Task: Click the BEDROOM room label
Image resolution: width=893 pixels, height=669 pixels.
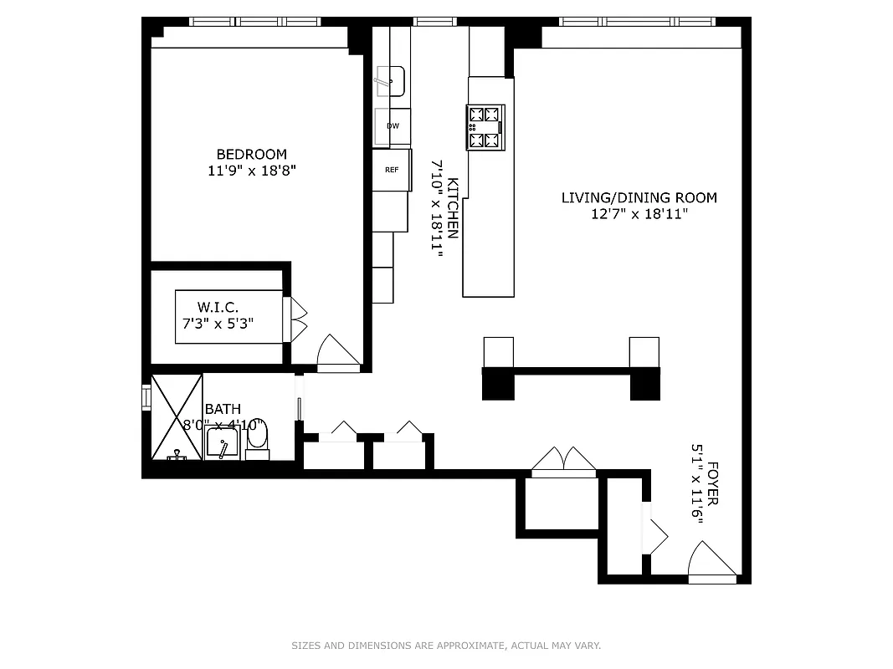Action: pyautogui.click(x=251, y=154)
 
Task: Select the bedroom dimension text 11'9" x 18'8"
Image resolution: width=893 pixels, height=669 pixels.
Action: pyautogui.click(x=252, y=171)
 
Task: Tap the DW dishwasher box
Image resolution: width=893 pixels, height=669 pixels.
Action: pyautogui.click(x=393, y=126)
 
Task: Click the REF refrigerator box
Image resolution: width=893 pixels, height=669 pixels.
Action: pyautogui.click(x=392, y=170)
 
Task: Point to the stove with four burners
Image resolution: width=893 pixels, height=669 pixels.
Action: pyautogui.click(x=485, y=127)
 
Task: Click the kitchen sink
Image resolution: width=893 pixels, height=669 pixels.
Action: pyautogui.click(x=390, y=81)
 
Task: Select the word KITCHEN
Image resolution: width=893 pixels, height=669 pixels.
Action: pyautogui.click(x=453, y=208)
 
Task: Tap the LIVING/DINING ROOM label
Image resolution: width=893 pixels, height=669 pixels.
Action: pyautogui.click(x=639, y=198)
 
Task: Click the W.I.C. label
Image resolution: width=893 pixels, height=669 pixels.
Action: pyautogui.click(x=218, y=307)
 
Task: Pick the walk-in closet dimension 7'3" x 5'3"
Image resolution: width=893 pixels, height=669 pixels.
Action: pyautogui.click(x=218, y=323)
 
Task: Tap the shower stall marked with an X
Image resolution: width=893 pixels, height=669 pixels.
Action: pyautogui.click(x=177, y=416)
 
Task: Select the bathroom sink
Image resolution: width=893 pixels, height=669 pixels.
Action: pyautogui.click(x=223, y=442)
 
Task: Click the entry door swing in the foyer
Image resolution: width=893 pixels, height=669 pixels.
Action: pyautogui.click(x=710, y=562)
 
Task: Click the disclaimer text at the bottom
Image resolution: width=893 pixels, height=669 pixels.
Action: pyautogui.click(x=446, y=646)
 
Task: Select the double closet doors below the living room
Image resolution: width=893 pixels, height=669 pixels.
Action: pyautogui.click(x=564, y=462)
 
